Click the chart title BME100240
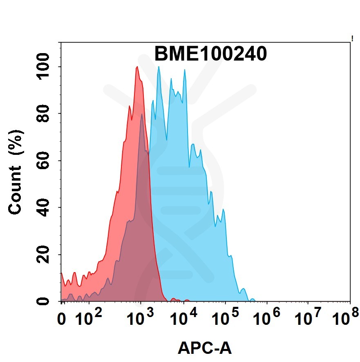tap(210, 54)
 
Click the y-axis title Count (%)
tap(16, 172)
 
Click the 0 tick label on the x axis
tap(63, 318)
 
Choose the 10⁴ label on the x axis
tap(184, 317)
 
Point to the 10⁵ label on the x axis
tap(226, 317)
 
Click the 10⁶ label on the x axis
tap(267, 317)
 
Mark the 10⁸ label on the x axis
tap(345, 317)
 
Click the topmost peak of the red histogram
tap(137, 67)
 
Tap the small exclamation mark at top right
tap(352, 39)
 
